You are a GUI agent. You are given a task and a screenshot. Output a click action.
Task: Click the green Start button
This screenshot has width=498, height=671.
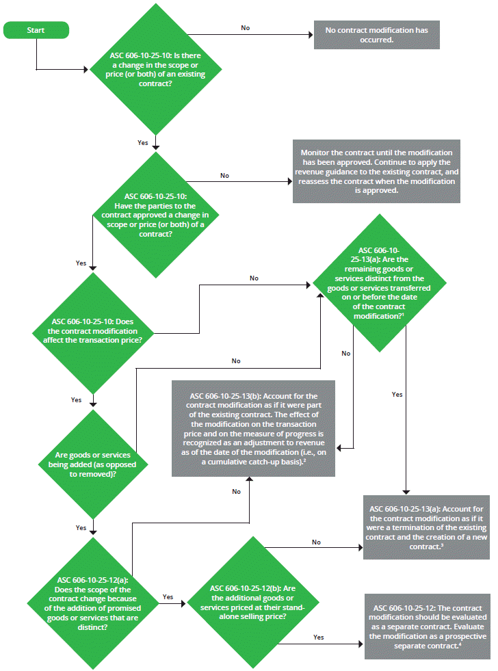[36, 30]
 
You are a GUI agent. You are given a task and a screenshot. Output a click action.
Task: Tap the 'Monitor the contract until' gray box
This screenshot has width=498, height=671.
[376, 172]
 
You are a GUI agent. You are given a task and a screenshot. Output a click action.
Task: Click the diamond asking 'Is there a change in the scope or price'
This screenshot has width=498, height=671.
[156, 69]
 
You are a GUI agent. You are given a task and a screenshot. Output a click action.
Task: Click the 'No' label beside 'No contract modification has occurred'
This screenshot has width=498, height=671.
[245, 28]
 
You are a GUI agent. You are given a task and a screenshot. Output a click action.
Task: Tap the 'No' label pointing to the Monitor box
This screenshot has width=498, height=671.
[224, 176]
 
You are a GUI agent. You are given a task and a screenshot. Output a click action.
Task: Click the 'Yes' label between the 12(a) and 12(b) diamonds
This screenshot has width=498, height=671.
[168, 596]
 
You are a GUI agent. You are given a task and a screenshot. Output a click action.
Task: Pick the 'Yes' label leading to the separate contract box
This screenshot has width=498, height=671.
[318, 637]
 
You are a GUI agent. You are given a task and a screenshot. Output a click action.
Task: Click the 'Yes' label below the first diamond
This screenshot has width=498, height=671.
[142, 143]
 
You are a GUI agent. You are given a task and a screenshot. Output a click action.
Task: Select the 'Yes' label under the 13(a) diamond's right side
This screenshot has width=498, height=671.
[397, 395]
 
